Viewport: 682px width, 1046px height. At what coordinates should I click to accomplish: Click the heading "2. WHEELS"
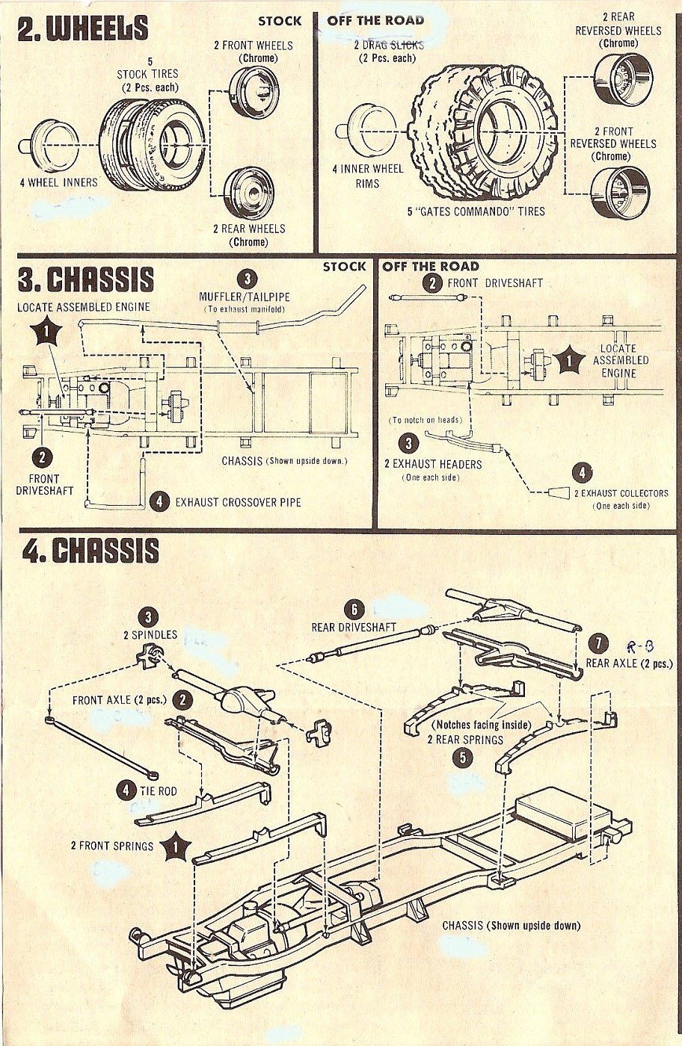tap(83, 28)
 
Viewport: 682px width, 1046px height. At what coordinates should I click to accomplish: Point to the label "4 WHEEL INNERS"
tap(59, 182)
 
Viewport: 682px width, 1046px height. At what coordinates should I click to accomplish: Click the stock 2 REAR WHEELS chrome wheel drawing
tap(249, 194)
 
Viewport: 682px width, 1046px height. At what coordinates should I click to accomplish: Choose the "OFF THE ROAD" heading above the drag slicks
tap(375, 20)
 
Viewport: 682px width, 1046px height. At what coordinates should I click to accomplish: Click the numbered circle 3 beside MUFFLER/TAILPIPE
tap(247, 279)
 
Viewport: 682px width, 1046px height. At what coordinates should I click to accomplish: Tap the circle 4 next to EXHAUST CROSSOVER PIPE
tap(159, 501)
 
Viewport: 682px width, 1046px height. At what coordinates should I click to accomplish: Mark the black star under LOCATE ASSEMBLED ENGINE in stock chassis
tap(46, 331)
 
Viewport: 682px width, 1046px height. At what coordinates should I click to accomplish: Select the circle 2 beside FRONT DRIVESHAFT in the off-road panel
tap(432, 282)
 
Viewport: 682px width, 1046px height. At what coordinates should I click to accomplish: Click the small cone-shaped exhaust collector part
tap(559, 492)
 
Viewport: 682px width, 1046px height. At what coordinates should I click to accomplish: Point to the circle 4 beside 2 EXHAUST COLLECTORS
tap(582, 473)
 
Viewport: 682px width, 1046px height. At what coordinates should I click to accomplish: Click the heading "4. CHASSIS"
tap(90, 551)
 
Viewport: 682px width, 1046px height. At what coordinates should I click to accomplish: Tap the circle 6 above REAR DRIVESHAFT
tap(354, 610)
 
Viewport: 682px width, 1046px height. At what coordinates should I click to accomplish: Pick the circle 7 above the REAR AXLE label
tap(598, 644)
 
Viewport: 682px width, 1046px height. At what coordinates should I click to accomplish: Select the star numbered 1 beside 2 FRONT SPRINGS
tap(176, 846)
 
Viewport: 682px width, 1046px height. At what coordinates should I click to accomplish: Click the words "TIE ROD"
tap(158, 790)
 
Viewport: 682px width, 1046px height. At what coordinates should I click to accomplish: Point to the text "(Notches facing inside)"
tap(481, 725)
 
